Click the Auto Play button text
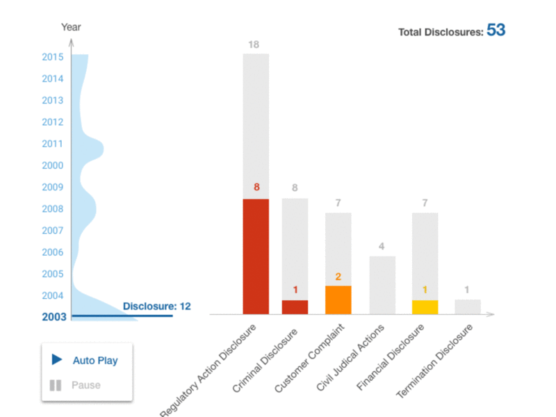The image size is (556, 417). (x=95, y=361)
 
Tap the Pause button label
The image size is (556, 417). (x=86, y=385)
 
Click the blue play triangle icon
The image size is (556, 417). (x=57, y=360)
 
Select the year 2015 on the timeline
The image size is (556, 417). (x=53, y=57)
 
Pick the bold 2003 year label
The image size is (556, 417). (x=54, y=317)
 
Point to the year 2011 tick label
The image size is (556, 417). (x=53, y=144)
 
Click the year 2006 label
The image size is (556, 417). (x=53, y=252)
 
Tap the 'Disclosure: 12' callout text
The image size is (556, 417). (x=156, y=306)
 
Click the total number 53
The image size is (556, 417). (x=496, y=31)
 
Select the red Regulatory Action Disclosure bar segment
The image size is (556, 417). (x=256, y=256)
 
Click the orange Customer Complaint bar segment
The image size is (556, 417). (x=338, y=300)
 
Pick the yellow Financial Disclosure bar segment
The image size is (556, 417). (x=425, y=306)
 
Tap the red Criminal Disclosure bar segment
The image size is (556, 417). (x=295, y=306)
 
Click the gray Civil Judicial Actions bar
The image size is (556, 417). (x=382, y=285)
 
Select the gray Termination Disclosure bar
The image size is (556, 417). (x=468, y=306)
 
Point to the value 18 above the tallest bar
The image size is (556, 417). (x=254, y=45)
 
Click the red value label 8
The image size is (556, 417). (x=256, y=187)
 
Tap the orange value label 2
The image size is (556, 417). (x=338, y=277)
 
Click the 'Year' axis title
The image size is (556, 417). (x=71, y=27)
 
